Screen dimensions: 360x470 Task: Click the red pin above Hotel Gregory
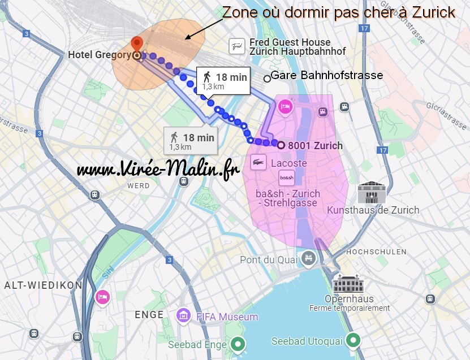136,44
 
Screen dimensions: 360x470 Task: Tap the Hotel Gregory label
100,55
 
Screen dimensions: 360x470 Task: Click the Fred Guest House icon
237,46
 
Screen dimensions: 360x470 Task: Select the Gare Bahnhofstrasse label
327,75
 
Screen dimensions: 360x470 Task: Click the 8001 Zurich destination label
315,145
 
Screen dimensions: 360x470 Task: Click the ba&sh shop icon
287,177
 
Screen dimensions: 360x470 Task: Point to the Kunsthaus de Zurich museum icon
371,193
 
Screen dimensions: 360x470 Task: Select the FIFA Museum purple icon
183,316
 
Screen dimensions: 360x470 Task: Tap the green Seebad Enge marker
238,344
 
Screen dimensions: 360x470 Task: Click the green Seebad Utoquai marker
353,341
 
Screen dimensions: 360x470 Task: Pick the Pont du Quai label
268,260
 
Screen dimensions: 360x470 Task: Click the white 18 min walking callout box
223,80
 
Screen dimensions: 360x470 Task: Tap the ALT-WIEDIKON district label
44,285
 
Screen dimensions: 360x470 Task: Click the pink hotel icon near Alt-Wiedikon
102,296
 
